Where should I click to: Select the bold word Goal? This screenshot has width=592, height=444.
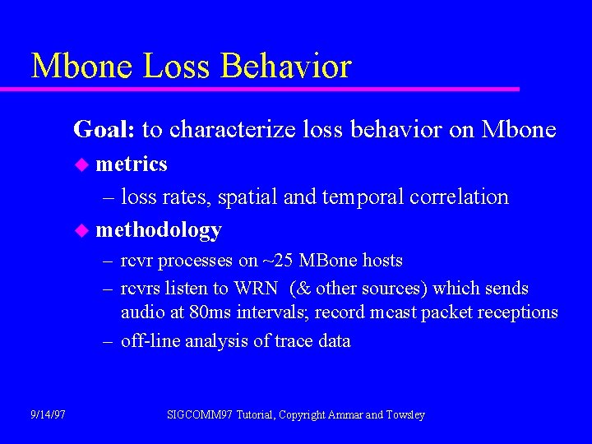105,130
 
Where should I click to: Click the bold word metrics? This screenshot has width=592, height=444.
132,164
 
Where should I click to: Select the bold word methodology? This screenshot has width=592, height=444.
159,230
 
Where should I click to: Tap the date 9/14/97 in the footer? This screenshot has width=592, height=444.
49,415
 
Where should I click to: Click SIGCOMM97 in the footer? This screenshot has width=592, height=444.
200,415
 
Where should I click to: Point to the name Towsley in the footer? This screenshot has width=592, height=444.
405,415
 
